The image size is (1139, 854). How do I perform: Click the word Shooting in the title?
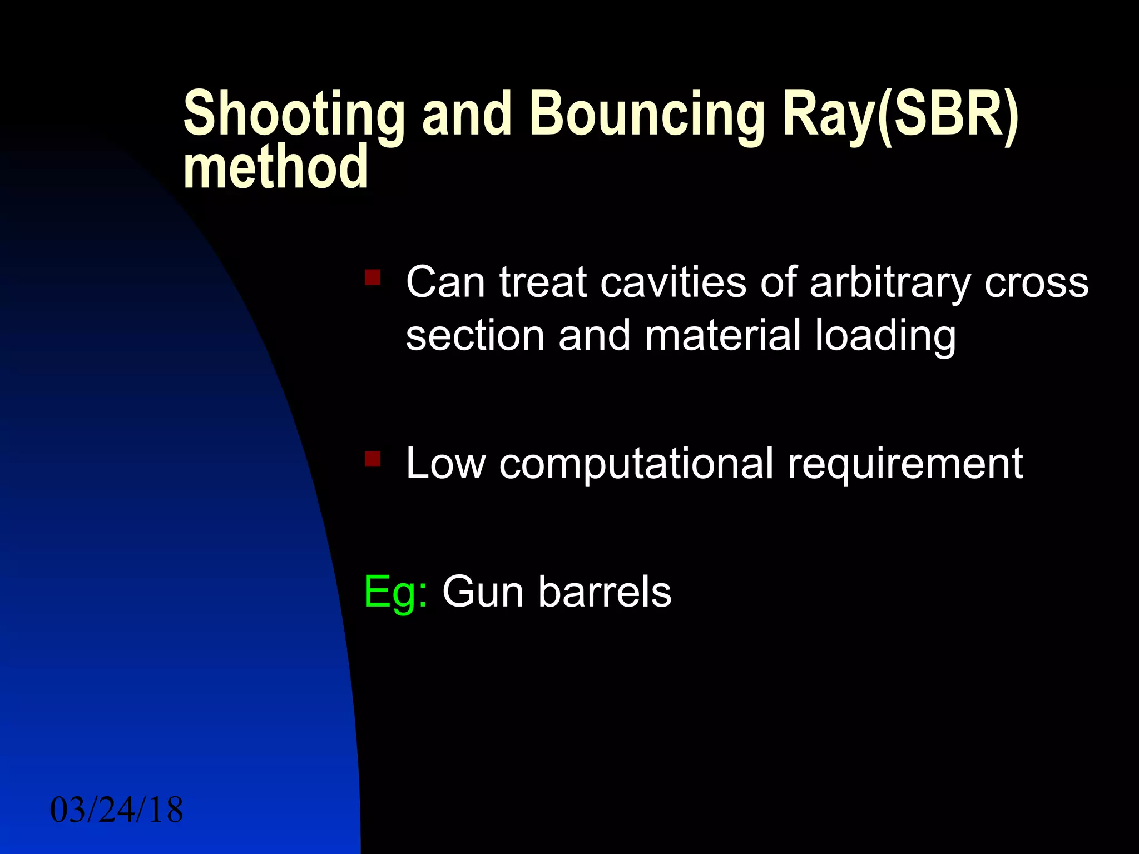click(x=294, y=114)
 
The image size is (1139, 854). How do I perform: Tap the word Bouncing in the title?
click(x=647, y=114)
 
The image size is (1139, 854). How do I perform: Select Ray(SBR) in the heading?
click(x=900, y=114)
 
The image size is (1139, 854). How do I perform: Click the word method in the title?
click(x=275, y=167)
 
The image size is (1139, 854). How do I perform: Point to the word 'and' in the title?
click(x=466, y=114)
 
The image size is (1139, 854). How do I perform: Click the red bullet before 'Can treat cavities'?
click(x=372, y=277)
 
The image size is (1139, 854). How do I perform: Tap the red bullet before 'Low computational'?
click(x=372, y=459)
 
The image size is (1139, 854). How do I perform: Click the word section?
click(x=474, y=336)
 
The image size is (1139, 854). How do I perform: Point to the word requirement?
click(x=905, y=464)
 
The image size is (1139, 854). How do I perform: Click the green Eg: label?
click(x=395, y=593)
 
